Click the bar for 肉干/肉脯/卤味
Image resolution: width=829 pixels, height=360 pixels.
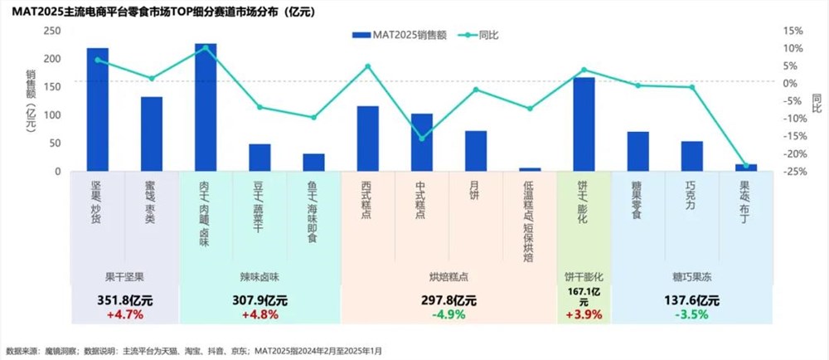[206, 108]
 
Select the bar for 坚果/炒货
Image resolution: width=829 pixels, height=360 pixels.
[98, 109]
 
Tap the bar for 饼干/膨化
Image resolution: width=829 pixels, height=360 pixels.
[584, 124]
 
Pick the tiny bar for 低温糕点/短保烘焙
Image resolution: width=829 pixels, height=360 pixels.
[530, 169]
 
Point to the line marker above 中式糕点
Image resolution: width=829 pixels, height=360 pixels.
[422, 139]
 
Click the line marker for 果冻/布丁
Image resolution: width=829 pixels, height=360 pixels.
[745, 166]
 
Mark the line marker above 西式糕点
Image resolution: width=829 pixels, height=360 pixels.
[367, 66]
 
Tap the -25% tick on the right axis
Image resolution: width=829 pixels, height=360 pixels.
[793, 171]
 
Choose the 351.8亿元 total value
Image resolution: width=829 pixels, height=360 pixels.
[125, 301]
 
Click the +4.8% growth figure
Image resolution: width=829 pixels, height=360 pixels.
[259, 315]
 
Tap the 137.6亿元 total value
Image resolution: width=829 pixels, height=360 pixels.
[691, 301]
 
